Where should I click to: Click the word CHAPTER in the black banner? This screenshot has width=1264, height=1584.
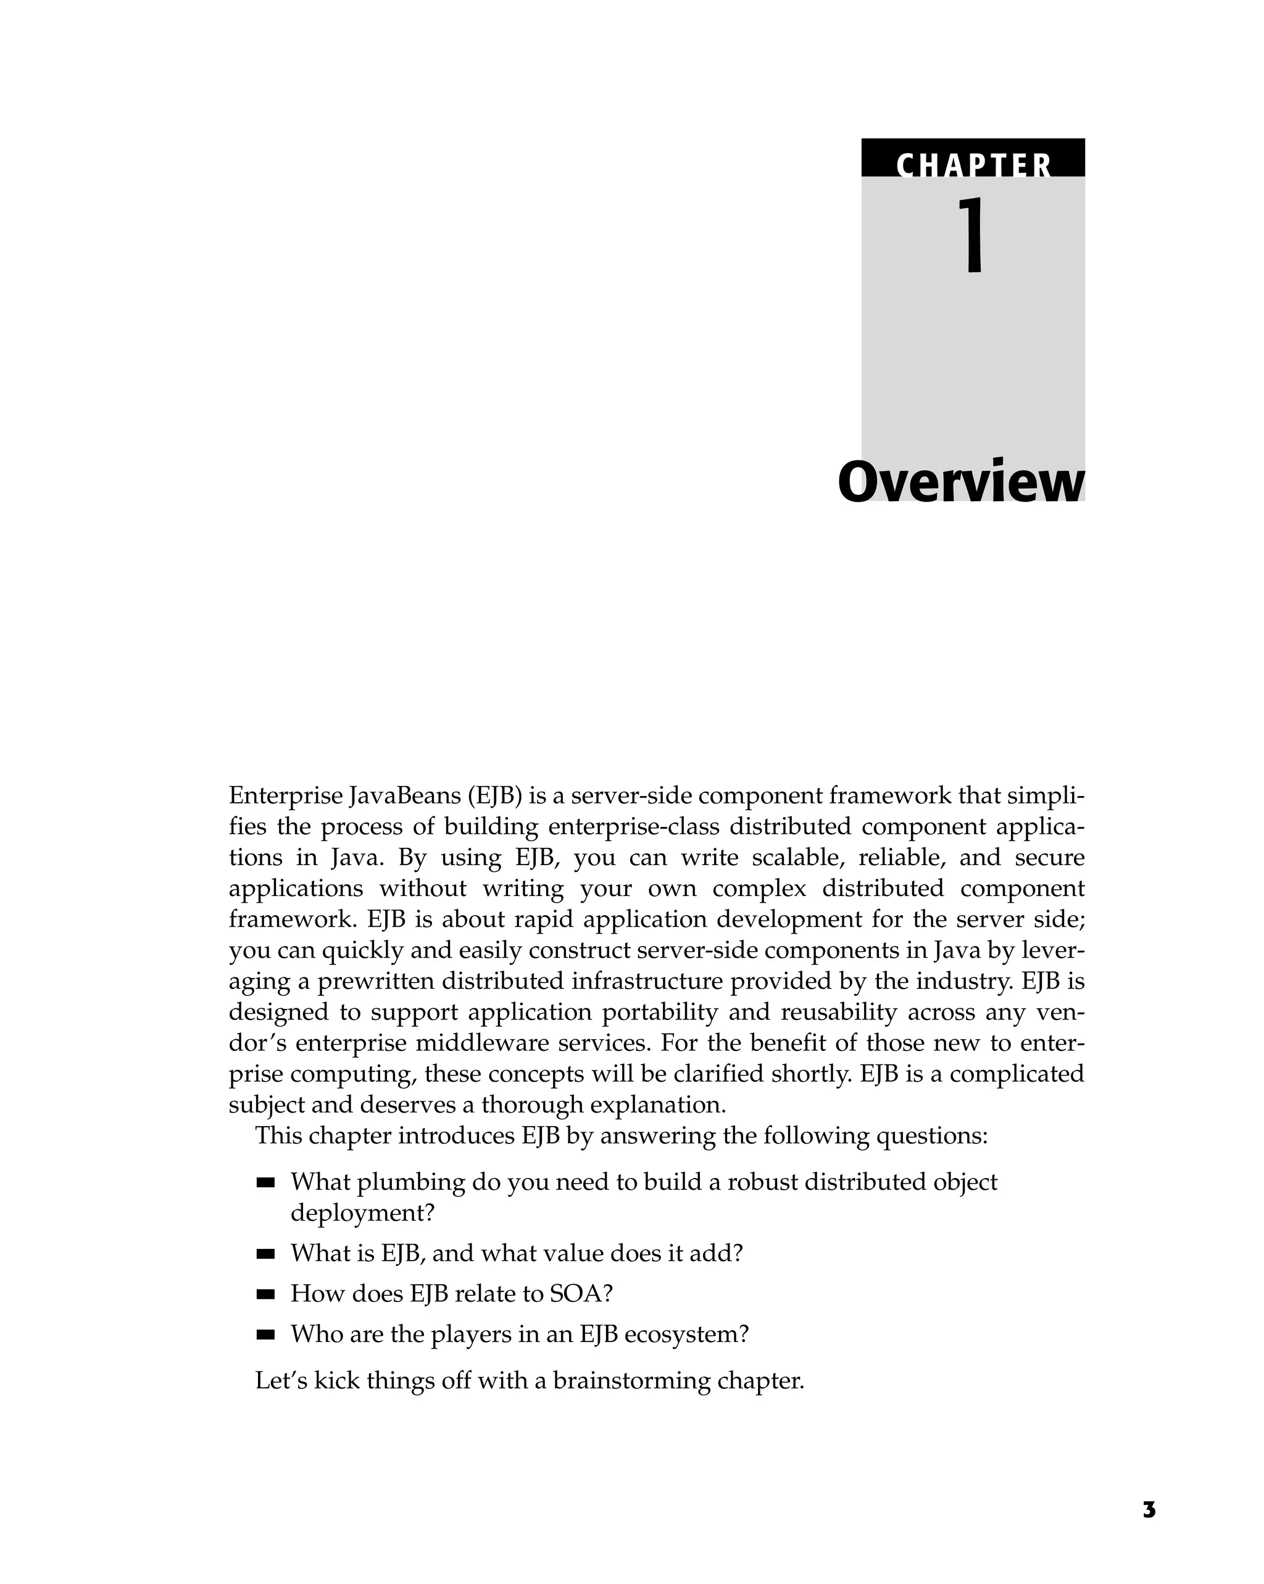[x=973, y=165]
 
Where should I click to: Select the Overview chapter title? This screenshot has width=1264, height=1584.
[x=960, y=483]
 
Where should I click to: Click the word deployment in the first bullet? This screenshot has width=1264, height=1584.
[x=362, y=1213]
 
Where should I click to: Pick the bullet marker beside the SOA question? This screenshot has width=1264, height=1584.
[x=265, y=1294]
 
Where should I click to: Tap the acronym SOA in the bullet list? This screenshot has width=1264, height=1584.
[x=581, y=1294]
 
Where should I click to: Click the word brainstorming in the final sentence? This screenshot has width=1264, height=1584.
[x=631, y=1380]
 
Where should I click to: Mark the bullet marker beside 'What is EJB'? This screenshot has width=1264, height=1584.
[x=265, y=1253]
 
